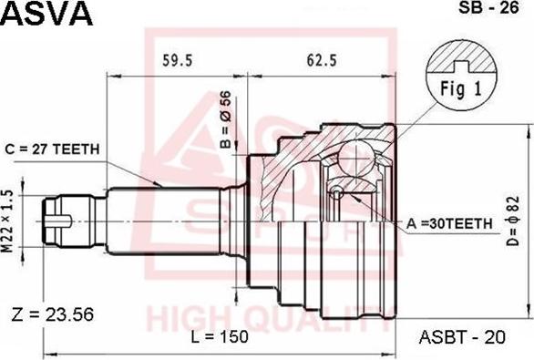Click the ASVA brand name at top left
(x=46, y=14)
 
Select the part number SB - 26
(x=488, y=7)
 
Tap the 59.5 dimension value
(x=177, y=60)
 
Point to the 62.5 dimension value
(x=322, y=60)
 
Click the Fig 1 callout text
(x=461, y=89)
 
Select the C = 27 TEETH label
(x=53, y=149)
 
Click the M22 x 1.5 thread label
(x=9, y=221)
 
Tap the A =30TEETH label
(x=449, y=223)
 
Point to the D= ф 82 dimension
(x=512, y=221)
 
